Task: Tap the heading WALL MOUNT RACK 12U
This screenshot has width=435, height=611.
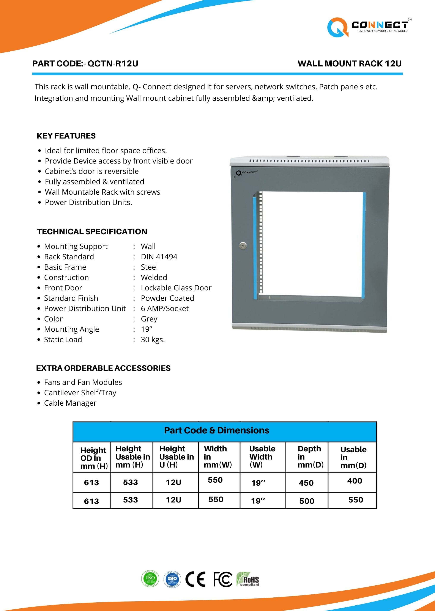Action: click(349, 64)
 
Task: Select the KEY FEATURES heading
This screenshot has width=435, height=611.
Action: click(66, 136)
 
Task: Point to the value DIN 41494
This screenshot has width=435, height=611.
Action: click(159, 257)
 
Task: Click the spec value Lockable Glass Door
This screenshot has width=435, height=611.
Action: click(176, 288)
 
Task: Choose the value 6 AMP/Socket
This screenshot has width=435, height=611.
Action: click(165, 309)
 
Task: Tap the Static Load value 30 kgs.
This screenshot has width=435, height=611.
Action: click(153, 340)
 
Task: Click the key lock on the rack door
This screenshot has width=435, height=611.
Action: click(243, 245)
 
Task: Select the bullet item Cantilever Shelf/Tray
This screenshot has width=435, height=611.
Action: click(80, 392)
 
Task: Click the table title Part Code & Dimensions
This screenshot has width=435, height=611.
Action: click(216, 430)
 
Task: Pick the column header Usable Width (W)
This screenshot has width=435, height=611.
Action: click(262, 457)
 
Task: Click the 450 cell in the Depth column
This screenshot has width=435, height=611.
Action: click(306, 483)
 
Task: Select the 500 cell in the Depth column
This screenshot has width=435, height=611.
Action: click(307, 501)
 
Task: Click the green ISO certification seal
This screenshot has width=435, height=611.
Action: click(150, 579)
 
